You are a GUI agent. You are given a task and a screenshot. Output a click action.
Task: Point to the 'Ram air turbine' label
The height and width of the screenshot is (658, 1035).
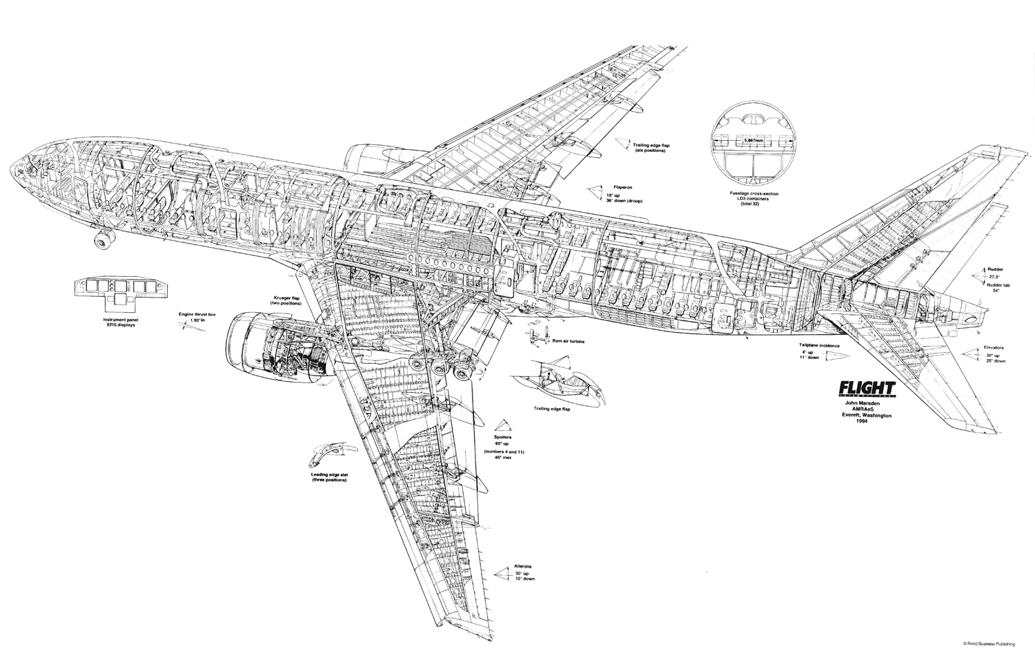tap(566, 340)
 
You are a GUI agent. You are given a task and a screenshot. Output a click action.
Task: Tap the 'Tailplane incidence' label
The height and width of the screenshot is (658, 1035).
tap(812, 343)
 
